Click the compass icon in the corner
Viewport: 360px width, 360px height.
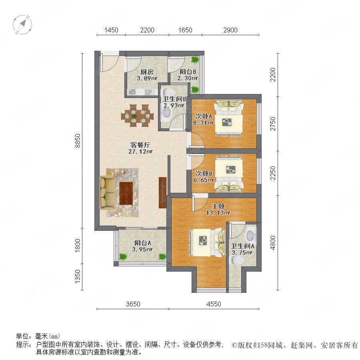tap(22, 24)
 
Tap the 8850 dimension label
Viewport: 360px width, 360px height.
tap(78, 140)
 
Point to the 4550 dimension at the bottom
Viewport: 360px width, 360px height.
tap(214, 304)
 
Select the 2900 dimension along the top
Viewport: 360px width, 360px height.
tap(230, 30)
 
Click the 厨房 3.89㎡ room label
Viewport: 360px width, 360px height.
tap(147, 75)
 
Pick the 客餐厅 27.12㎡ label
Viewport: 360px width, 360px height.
tap(140, 148)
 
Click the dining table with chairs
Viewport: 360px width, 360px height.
tap(137, 116)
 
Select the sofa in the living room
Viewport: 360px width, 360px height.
tap(107, 192)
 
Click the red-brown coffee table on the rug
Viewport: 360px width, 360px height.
tap(126, 193)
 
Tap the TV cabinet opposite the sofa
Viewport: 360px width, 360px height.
tap(162, 193)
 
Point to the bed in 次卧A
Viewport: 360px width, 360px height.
tap(228, 118)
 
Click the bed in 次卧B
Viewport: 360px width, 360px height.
tap(229, 173)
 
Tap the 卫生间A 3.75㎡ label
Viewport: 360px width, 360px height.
tap(242, 249)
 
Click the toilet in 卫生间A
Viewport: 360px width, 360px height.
tap(237, 260)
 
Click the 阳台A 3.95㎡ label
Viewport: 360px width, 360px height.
tap(142, 246)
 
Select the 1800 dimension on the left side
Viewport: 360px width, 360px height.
tap(78, 246)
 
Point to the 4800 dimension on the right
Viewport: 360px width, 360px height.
tap(273, 243)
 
